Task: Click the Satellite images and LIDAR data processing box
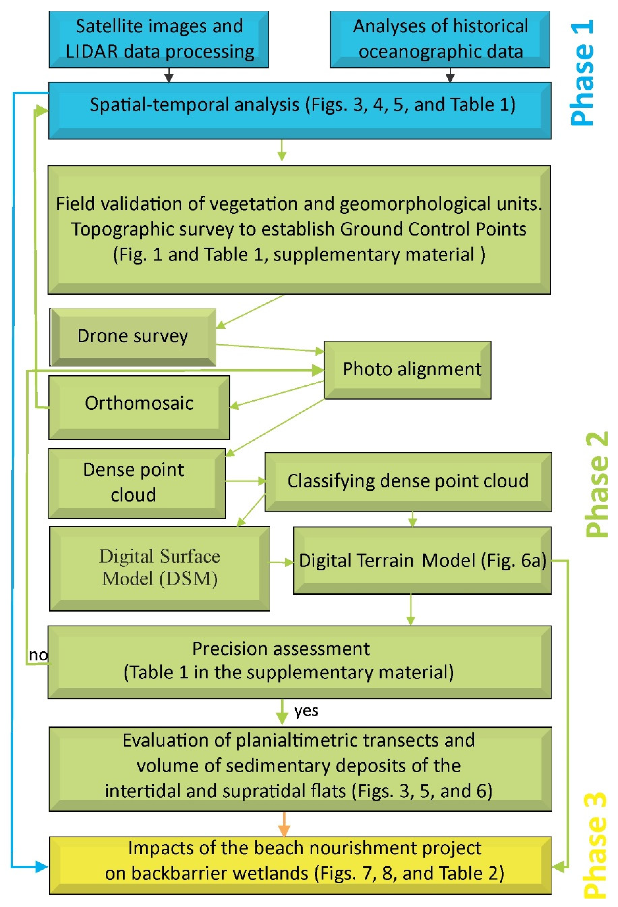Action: pyautogui.click(x=159, y=39)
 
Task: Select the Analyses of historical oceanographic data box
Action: pyautogui.click(x=440, y=39)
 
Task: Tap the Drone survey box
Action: pyautogui.click(x=133, y=336)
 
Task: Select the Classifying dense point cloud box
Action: pyautogui.click(x=408, y=481)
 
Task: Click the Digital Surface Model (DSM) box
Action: pyautogui.click(x=159, y=568)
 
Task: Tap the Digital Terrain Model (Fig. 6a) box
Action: pyautogui.click(x=422, y=560)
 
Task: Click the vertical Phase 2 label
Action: pyautogui.click(x=597, y=484)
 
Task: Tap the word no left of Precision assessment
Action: pyautogui.click(x=38, y=655)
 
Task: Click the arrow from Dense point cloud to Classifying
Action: pyautogui.click(x=245, y=481)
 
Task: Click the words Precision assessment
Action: pyautogui.click(x=281, y=649)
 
